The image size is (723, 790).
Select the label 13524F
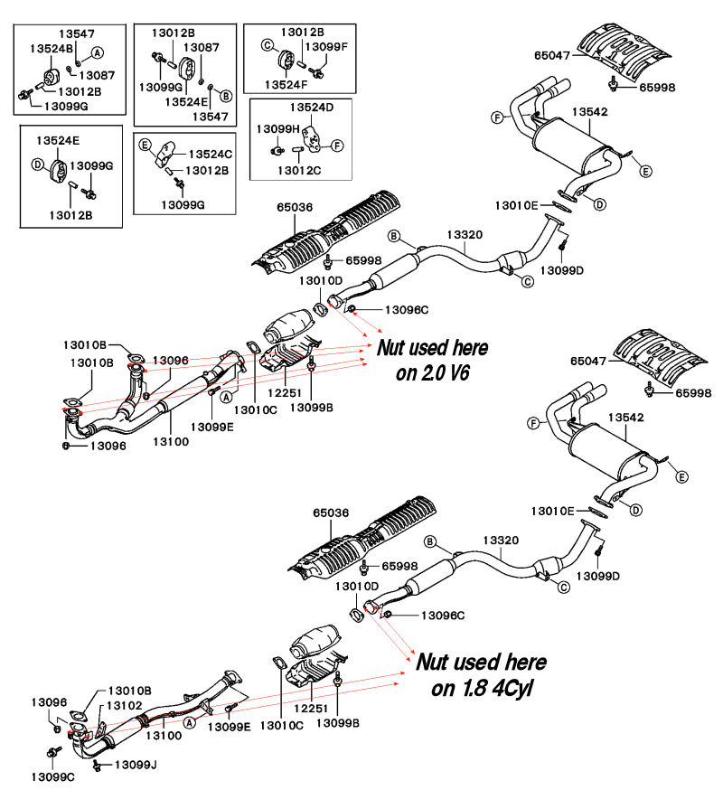click(288, 84)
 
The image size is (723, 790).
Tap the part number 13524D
click(312, 108)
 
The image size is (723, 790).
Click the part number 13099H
click(277, 129)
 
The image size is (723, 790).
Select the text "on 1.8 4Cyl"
click(482, 688)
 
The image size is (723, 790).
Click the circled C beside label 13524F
click(268, 44)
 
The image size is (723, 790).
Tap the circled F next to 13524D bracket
click(336, 145)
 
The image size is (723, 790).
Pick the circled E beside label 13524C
click(144, 145)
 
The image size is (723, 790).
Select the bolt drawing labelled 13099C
click(50, 752)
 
